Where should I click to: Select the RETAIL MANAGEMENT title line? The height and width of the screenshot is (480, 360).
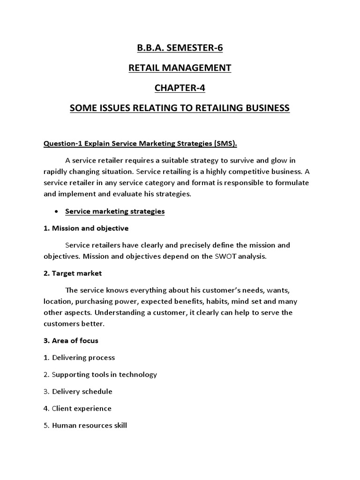[180, 67]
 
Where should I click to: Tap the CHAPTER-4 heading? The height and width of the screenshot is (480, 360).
[180, 88]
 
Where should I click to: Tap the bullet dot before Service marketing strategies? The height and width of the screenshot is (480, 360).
[56, 211]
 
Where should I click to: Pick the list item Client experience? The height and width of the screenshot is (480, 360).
[82, 408]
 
